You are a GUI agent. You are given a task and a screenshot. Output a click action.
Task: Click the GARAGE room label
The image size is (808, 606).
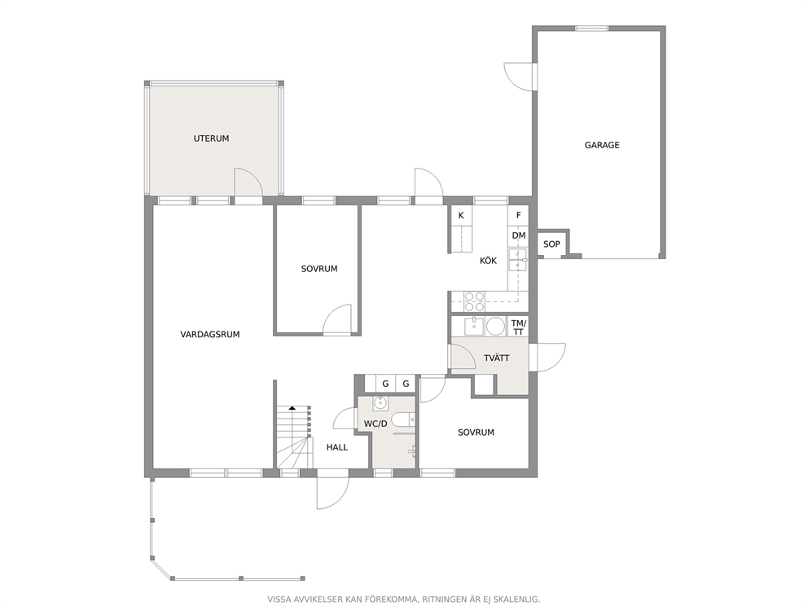(x=601, y=145)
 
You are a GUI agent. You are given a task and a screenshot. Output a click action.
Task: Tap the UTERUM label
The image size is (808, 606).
(x=211, y=138)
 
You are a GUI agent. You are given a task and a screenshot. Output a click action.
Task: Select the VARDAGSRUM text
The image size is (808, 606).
(x=209, y=335)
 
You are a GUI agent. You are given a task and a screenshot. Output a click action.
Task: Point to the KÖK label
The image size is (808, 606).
(x=488, y=261)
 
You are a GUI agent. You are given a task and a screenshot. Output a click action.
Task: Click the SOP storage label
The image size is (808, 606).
(x=551, y=244)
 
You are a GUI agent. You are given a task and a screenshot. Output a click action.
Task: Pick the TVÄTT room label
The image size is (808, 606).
(x=496, y=358)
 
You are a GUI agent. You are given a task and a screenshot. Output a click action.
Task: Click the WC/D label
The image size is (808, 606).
(x=375, y=424)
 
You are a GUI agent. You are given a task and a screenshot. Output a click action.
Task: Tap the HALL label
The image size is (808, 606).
(x=337, y=447)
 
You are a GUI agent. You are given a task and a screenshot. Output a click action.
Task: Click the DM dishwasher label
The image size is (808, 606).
(x=519, y=235)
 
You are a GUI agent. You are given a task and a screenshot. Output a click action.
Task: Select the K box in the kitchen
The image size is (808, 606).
(x=461, y=215)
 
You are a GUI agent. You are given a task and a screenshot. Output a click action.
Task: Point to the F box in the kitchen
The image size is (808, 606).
(x=518, y=215)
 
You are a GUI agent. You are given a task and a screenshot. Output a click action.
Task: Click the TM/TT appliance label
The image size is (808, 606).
(x=518, y=327)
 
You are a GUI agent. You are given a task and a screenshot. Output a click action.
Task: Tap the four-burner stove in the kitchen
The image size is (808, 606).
(x=474, y=301)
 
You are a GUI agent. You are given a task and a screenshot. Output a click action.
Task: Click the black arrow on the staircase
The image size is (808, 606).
(x=292, y=408)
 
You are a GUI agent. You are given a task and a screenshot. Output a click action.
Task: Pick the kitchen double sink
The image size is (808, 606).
(x=517, y=260)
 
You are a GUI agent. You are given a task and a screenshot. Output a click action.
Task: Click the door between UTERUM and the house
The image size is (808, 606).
(x=248, y=182)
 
